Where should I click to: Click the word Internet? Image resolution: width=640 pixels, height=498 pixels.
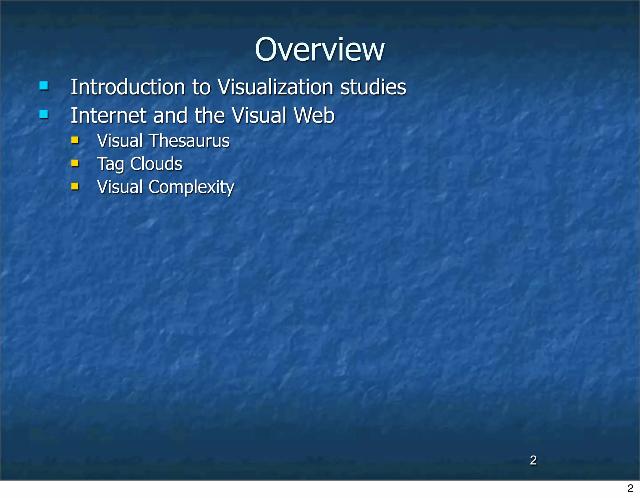[x=108, y=115]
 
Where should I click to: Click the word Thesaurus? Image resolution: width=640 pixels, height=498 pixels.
[x=190, y=141]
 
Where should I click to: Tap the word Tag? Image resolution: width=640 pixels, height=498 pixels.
[x=111, y=164]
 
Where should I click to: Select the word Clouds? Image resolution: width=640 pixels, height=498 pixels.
[x=156, y=164]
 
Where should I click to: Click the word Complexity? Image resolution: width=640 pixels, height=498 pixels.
[x=191, y=187]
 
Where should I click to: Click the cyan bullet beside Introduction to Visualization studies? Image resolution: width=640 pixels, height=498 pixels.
[x=44, y=86]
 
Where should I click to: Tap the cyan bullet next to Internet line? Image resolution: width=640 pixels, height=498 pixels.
[x=44, y=114]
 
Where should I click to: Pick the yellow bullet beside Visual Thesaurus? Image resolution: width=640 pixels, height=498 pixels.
[x=75, y=140]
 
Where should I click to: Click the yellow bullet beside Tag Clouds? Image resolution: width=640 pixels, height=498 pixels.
[x=75, y=163]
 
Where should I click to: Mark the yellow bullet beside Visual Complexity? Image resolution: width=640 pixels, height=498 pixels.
[x=75, y=187]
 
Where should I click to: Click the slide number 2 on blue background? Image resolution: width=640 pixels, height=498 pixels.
[x=533, y=460]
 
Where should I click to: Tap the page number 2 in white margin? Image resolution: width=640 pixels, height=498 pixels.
[x=630, y=488]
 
